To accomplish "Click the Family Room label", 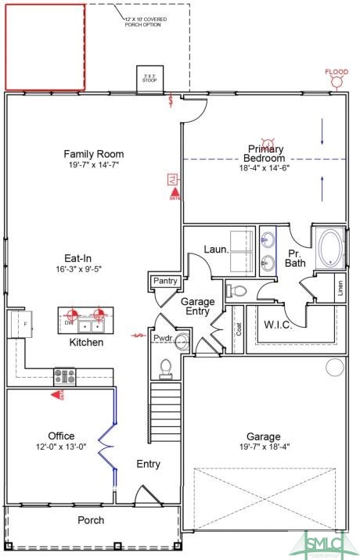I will (94, 154).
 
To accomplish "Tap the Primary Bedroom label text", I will (267, 153).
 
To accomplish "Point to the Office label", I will (61, 436).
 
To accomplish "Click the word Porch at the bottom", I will (90, 520).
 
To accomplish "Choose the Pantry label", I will (166, 282).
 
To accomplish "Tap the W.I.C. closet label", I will (278, 324).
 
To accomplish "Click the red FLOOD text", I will (337, 73).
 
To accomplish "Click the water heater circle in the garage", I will (335, 367).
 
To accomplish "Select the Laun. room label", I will (216, 249).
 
